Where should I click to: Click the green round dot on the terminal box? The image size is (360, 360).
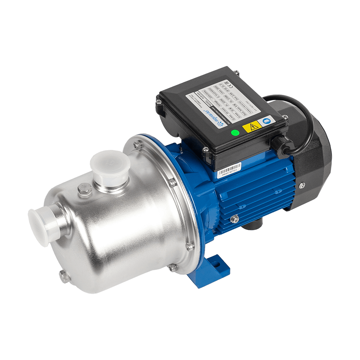coord(235,132)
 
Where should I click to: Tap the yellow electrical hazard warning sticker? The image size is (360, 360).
coord(251,126)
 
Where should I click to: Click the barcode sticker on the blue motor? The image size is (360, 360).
coord(229,170)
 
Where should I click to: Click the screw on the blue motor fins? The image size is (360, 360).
coord(235,218)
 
